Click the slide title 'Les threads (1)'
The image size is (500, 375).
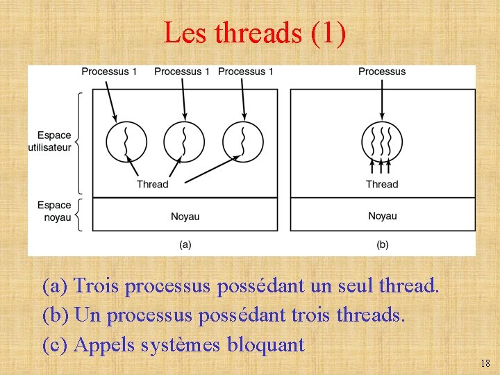coord(254,33)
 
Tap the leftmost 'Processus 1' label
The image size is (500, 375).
coord(109,72)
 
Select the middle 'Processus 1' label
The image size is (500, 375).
coord(182,72)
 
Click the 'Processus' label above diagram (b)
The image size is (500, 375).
coord(382,72)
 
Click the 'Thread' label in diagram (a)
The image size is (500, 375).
coord(152,184)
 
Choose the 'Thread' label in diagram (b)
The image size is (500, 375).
coord(382,184)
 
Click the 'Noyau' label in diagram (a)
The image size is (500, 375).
coord(185,216)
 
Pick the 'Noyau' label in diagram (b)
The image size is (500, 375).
coord(383,216)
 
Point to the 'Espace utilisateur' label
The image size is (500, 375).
coord(50,141)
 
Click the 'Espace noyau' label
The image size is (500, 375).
coord(55,210)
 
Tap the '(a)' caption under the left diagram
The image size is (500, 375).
coord(185,244)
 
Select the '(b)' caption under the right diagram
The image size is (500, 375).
coord(383,244)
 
